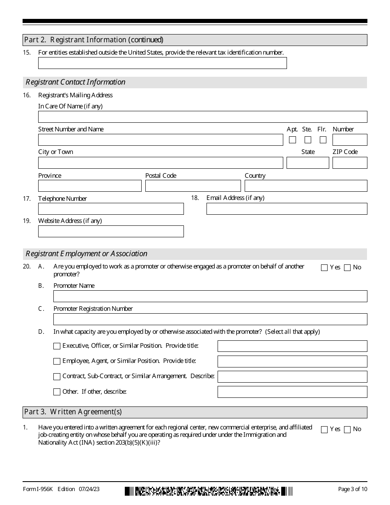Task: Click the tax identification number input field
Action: [x=162, y=63]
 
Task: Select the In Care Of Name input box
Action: [x=202, y=117]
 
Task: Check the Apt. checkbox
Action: [x=292, y=140]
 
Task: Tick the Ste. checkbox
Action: [x=308, y=140]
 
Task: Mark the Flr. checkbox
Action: [x=323, y=140]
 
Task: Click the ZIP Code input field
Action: [x=350, y=163]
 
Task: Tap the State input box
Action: [x=307, y=163]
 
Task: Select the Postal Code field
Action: [x=193, y=186]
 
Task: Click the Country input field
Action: [x=306, y=186]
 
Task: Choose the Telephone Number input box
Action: [x=111, y=209]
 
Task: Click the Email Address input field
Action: [x=287, y=209]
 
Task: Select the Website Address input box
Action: [x=111, y=232]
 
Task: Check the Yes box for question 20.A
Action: [x=324, y=268]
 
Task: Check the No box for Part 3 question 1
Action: [x=347, y=430]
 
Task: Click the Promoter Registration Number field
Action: [x=210, y=319]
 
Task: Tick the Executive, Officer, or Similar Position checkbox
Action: [x=57, y=346]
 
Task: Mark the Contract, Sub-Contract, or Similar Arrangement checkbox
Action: [x=57, y=376]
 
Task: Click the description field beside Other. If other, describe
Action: [x=292, y=392]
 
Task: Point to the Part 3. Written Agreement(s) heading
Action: [x=73, y=412]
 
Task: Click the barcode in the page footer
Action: [x=209, y=491]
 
